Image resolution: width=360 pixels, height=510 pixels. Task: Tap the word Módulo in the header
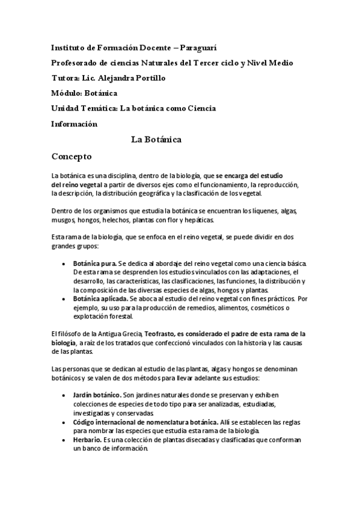(x=64, y=93)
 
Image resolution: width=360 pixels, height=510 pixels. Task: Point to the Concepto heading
(x=71, y=155)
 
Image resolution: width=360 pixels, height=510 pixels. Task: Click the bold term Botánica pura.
(x=95, y=263)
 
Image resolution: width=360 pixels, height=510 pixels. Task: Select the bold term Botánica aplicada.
(x=100, y=298)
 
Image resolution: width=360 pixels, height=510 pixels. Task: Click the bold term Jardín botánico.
(x=96, y=395)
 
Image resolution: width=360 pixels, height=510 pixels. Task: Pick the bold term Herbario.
(x=87, y=440)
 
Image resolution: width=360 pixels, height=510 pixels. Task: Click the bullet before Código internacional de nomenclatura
(x=64, y=423)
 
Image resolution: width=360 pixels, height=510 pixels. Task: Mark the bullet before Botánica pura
(x=64, y=263)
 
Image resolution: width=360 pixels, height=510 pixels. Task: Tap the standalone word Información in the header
(x=74, y=124)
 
